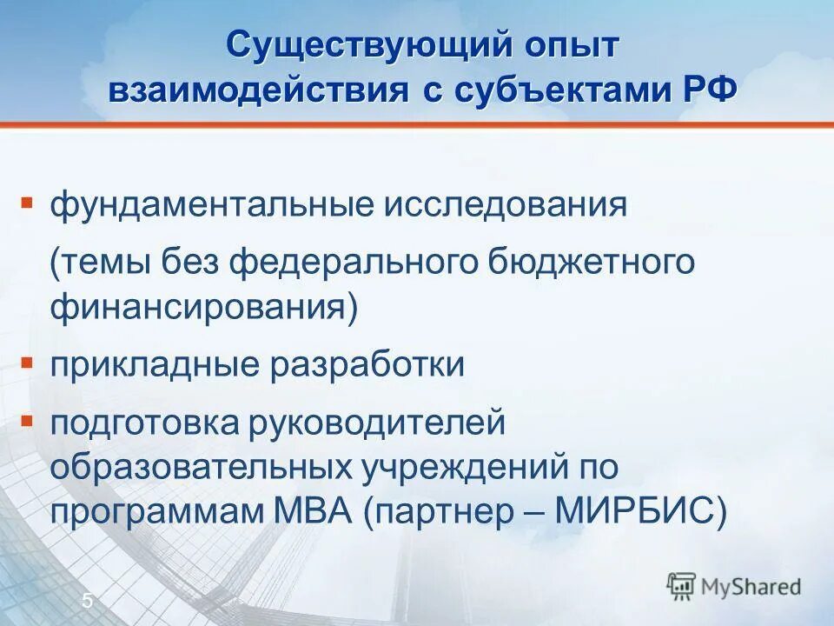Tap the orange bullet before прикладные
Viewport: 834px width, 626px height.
pyautogui.click(x=27, y=362)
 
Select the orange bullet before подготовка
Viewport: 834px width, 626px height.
pyautogui.click(x=27, y=421)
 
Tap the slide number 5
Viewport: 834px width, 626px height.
pyautogui.click(x=88, y=600)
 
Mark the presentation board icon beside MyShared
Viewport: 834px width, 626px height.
pyautogui.click(x=682, y=585)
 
